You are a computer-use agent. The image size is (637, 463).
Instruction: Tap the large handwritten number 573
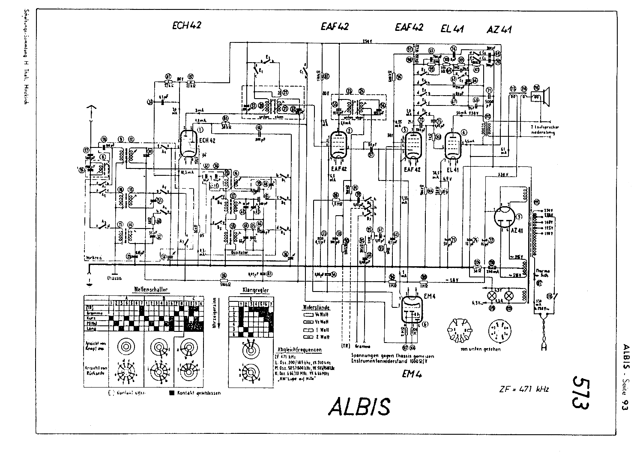pyautogui.click(x=579, y=392)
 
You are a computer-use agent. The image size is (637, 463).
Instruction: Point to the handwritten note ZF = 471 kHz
pyautogui.click(x=523, y=389)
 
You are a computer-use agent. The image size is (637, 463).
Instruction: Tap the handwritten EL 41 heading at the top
pyautogui.click(x=452, y=29)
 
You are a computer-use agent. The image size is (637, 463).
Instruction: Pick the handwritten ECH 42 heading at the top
pyautogui.click(x=186, y=25)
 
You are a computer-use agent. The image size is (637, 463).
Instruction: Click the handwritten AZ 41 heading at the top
pyautogui.click(x=499, y=30)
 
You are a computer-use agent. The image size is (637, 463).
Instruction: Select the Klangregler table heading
pyautogui.click(x=256, y=290)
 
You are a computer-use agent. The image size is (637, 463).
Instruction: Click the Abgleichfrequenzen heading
pyautogui.click(x=299, y=349)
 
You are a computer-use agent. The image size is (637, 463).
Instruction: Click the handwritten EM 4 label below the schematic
pyautogui.click(x=413, y=374)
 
